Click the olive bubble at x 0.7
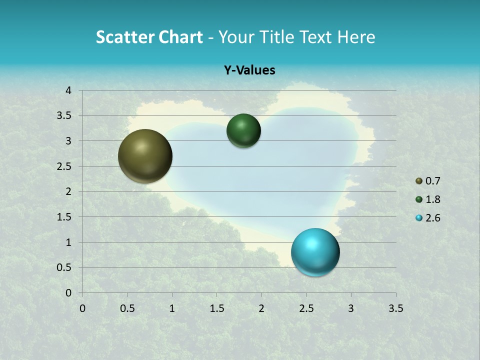145,156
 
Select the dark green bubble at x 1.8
243,131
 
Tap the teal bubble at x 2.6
315,252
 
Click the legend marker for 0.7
419,181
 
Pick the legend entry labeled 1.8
433,199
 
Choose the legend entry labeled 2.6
433,218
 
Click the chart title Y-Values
249,70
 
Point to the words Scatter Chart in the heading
149,37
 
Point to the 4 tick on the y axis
69,90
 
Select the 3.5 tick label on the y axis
64,116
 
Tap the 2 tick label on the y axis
69,191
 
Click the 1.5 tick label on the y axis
64,217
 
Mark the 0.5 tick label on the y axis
64,267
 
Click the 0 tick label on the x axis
82,308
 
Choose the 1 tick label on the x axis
172,308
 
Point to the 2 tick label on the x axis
261,308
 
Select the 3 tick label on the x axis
351,308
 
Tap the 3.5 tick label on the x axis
395,308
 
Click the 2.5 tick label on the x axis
306,308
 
